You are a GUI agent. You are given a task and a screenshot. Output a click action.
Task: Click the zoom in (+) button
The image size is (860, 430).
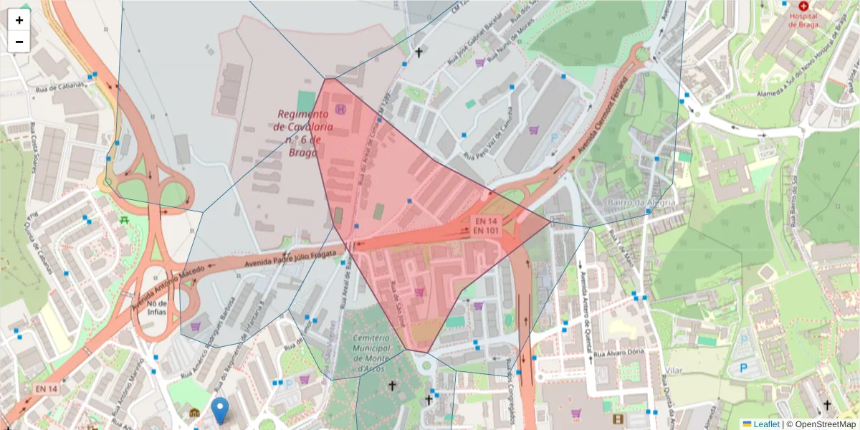pos(19,20)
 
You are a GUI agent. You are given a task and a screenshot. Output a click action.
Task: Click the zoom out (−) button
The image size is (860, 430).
pos(19,42)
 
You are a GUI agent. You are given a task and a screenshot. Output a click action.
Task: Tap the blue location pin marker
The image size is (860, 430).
pos(221,410)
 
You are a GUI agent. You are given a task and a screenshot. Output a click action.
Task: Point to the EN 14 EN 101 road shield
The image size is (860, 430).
pos(486,225)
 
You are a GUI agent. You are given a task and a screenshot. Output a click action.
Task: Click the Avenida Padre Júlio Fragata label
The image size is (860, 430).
pos(290,259)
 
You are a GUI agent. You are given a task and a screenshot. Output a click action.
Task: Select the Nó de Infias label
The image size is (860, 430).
pos(157,307)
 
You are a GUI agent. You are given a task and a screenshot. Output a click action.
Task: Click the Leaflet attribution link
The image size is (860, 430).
pos(766,424)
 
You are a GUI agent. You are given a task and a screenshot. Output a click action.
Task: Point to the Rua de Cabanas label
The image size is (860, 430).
pos(61,87)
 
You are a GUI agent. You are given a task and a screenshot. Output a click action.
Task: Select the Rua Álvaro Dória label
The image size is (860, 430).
pos(621,353)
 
